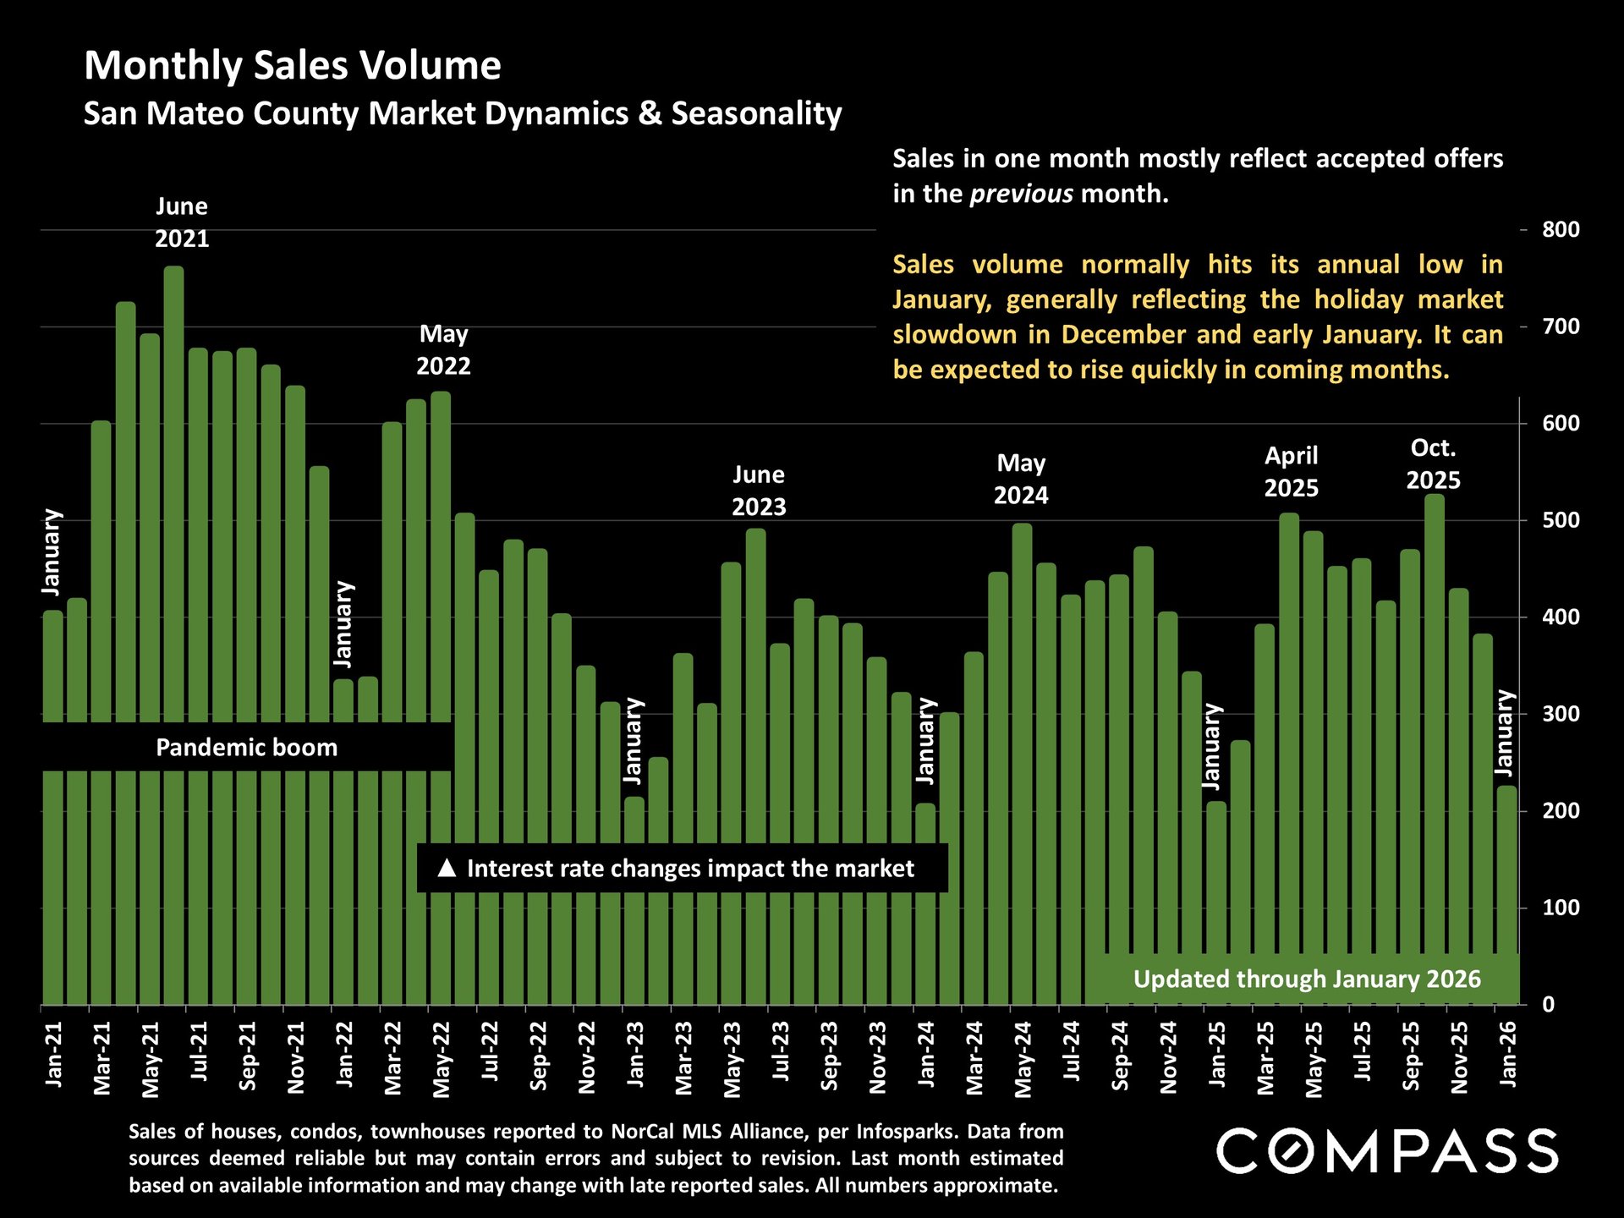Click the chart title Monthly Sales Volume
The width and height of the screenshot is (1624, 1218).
(x=293, y=65)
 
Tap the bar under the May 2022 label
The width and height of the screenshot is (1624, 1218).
(x=441, y=592)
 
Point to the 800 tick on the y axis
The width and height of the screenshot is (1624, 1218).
(x=1561, y=229)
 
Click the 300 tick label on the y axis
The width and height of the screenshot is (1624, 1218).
(x=1561, y=714)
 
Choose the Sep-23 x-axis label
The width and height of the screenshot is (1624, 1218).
(x=830, y=1056)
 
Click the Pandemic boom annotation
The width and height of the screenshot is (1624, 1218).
(x=246, y=748)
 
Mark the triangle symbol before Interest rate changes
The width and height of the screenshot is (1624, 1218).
(x=447, y=868)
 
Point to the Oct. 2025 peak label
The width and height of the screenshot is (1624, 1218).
(x=1433, y=464)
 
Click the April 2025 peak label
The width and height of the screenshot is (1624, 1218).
(x=1291, y=472)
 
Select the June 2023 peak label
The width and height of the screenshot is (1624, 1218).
(x=759, y=491)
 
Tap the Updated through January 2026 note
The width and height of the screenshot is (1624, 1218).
(x=1307, y=979)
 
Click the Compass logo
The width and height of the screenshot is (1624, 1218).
(x=1387, y=1151)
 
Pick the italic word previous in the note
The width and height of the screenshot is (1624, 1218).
(x=1021, y=194)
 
